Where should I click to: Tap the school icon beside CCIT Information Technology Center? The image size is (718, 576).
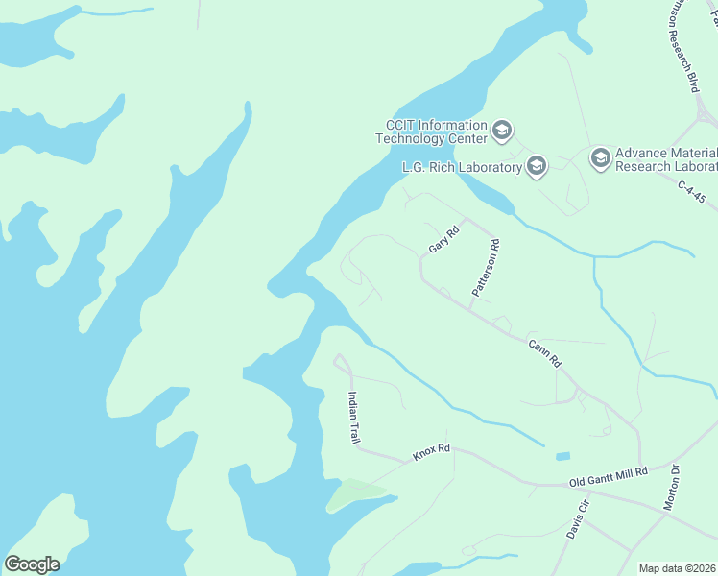click(501, 131)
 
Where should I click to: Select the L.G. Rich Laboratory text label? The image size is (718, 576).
click(461, 168)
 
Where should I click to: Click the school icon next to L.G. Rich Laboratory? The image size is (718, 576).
click(536, 168)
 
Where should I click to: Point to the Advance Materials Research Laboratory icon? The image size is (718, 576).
click(601, 158)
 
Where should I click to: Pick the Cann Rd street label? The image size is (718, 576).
click(543, 352)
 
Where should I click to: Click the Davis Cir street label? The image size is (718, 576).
click(577, 519)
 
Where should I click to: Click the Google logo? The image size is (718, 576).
click(32, 564)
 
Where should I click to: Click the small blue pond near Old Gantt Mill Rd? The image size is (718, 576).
click(562, 456)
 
